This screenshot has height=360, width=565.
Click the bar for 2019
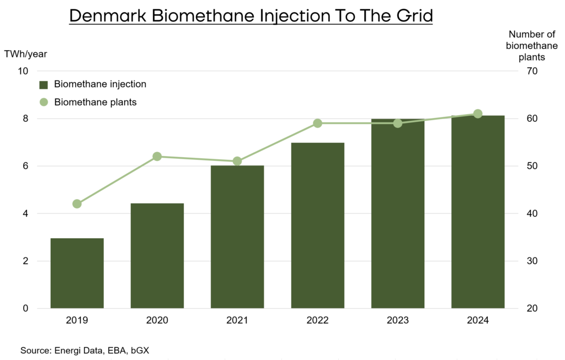click(x=77, y=273)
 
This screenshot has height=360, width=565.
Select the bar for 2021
click(x=237, y=237)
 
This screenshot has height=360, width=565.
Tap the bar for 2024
click(x=478, y=212)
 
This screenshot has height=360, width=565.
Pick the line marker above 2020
click(x=157, y=157)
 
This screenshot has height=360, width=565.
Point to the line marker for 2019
click(x=77, y=204)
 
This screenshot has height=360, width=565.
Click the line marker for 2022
click(x=317, y=123)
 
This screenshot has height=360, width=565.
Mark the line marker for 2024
click(x=478, y=114)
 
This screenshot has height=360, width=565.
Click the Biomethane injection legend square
click(x=44, y=85)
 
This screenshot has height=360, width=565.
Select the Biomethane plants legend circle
click(x=44, y=102)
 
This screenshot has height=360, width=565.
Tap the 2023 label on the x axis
click(x=398, y=320)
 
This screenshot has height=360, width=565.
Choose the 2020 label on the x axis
click(x=157, y=320)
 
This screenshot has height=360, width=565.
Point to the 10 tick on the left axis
click(x=23, y=71)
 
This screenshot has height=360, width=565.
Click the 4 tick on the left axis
click(x=25, y=213)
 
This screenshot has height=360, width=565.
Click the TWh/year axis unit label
click(x=25, y=54)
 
